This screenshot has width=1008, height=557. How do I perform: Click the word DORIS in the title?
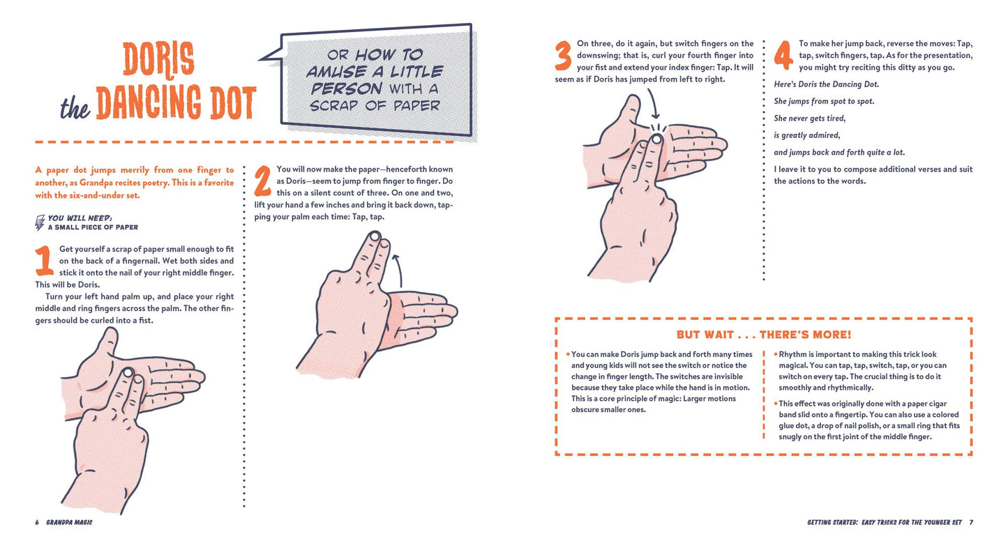(158, 59)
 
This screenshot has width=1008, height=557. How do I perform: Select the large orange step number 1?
(44, 261)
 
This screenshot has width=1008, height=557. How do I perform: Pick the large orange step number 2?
(263, 181)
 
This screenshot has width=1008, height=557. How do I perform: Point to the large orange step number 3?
(563, 56)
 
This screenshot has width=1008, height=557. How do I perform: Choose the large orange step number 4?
(783, 55)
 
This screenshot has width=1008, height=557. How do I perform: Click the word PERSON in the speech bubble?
(346, 89)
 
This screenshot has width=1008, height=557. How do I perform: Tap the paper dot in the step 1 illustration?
(128, 372)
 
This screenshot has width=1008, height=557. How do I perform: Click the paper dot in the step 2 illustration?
(375, 236)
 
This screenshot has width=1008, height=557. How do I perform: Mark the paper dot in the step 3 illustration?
(657, 139)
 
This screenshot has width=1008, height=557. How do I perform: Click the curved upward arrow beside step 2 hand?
(399, 269)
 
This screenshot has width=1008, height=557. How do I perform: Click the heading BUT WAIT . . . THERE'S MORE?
(764, 335)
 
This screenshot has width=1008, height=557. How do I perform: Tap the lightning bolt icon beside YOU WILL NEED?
(40, 222)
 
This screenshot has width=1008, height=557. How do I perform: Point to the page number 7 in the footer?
(971, 522)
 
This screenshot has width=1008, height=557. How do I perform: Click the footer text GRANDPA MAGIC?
(69, 522)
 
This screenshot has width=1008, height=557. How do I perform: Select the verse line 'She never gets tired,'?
(810, 119)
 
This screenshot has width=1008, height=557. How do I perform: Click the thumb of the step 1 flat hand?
(107, 344)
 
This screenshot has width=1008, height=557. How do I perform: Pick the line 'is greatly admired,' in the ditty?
(807, 135)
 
